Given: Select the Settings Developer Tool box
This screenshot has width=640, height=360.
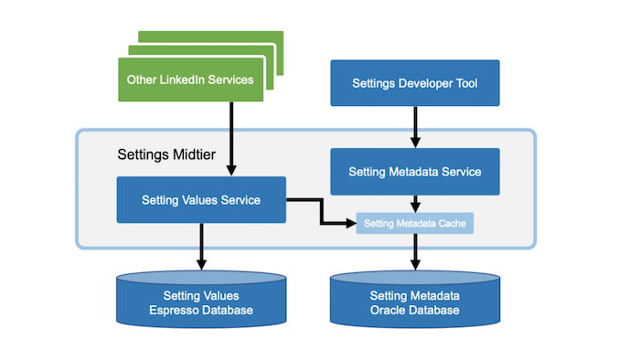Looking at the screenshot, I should click(x=414, y=83).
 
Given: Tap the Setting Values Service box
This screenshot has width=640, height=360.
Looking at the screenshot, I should click(x=201, y=199).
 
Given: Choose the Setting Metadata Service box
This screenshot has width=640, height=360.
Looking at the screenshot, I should click(x=414, y=171).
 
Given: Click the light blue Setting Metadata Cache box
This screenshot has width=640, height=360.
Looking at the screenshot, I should click(x=414, y=223).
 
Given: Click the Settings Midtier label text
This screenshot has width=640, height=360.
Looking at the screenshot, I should click(x=166, y=154).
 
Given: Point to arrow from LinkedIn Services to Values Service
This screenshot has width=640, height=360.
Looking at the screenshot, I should click(x=230, y=137).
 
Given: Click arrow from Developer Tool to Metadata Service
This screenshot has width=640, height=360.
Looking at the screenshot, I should click(x=414, y=126).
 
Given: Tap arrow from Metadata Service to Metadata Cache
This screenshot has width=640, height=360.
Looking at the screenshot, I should click(x=414, y=203).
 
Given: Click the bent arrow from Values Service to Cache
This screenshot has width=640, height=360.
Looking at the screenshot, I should click(x=320, y=211).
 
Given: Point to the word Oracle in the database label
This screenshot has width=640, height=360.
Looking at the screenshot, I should click(x=388, y=312).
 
